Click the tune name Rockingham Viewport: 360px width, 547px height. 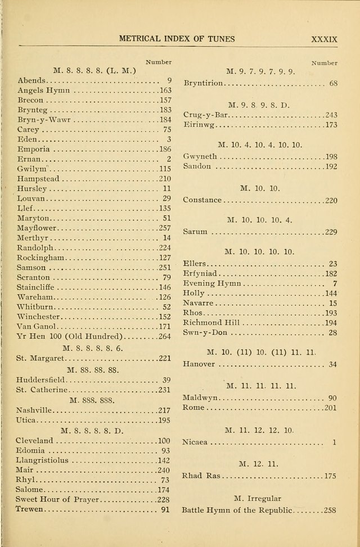41,257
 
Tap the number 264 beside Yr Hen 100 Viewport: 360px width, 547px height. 163,337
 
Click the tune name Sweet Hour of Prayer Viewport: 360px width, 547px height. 57,499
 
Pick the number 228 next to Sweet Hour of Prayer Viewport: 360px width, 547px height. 163,499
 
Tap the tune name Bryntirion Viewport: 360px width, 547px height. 204,83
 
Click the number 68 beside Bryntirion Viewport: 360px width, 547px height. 333,83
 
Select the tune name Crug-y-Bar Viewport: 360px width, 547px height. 206,115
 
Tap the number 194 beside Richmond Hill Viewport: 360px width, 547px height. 330,323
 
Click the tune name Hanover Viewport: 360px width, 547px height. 199,364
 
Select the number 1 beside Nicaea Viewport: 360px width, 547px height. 334,442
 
